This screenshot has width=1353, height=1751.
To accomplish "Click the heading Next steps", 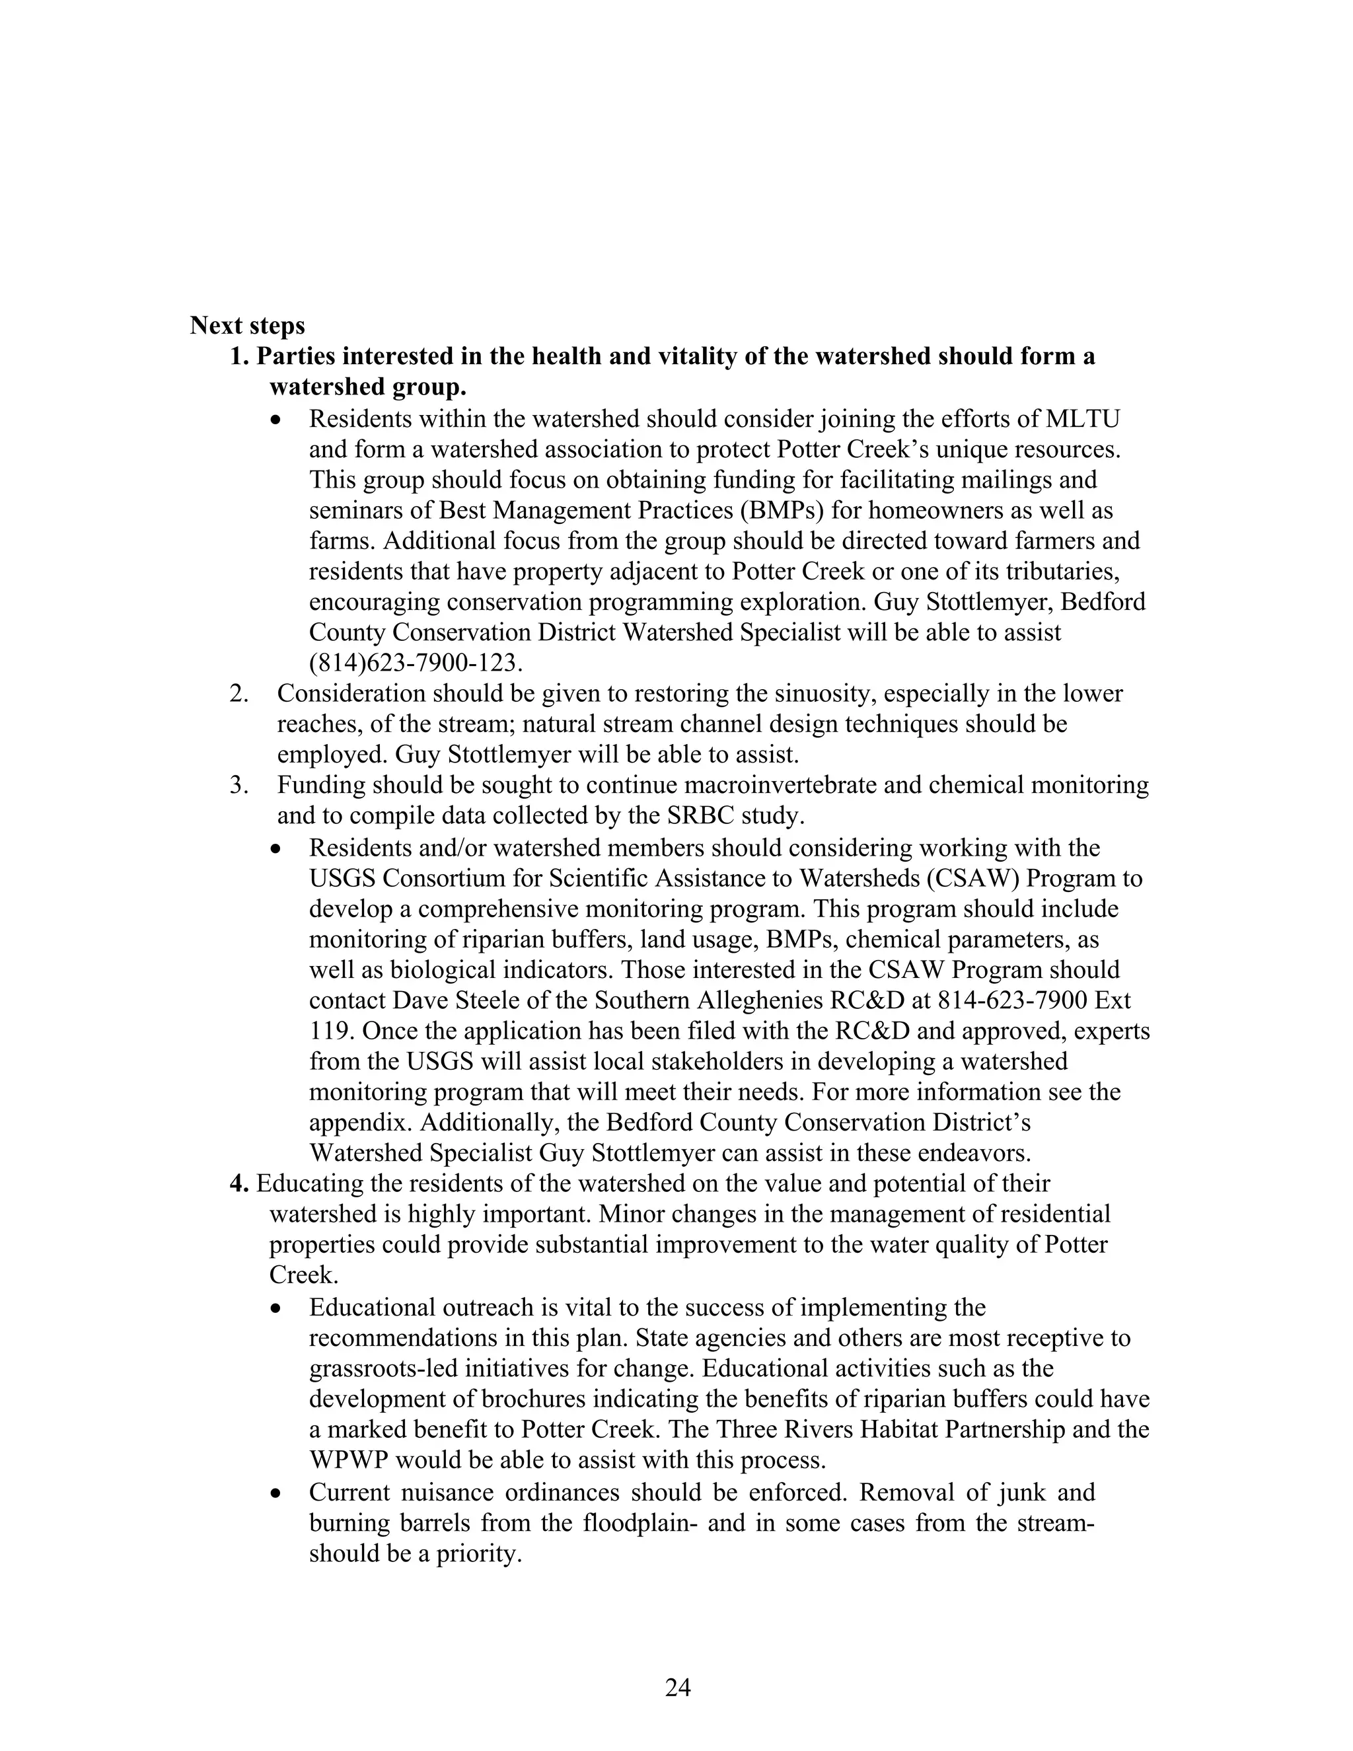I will [x=247, y=326].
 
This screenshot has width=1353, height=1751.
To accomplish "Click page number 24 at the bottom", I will [x=677, y=1688].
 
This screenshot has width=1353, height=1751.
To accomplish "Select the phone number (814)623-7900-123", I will [x=415, y=663].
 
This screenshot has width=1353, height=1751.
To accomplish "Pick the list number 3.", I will [x=238, y=785].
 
